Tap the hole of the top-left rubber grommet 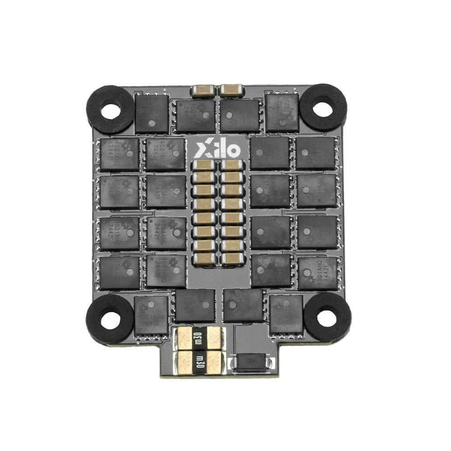109,110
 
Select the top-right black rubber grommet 323,108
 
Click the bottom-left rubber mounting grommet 109,318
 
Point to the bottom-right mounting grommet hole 327,318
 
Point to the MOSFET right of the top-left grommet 152,114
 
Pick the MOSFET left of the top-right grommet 282,113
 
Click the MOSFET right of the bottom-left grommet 152,314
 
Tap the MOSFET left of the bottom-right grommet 286,313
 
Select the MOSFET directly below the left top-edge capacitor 195,115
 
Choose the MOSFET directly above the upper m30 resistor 195,306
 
